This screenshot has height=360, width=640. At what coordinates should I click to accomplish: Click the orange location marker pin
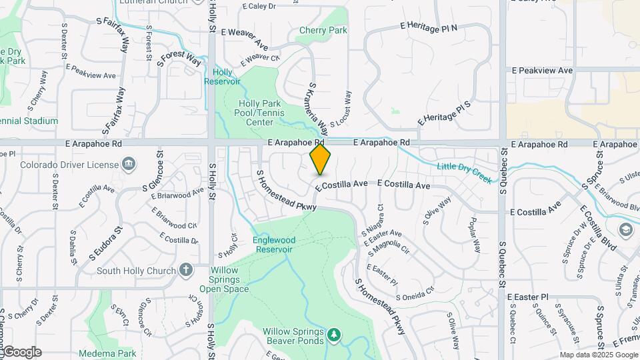click(x=320, y=159)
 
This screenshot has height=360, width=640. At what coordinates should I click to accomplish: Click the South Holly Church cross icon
click(x=186, y=270)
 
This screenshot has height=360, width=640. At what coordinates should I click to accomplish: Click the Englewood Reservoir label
click(x=273, y=244)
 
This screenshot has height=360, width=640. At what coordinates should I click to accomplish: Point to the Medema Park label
click(x=107, y=353)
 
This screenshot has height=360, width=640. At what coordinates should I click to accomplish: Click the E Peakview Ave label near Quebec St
click(x=542, y=70)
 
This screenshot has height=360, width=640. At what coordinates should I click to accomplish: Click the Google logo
click(x=22, y=352)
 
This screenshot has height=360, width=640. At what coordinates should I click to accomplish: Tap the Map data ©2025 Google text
click(x=598, y=355)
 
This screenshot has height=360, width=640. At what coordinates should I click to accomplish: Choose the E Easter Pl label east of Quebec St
click(x=527, y=297)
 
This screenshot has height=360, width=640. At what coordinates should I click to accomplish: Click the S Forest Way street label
click(x=179, y=60)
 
